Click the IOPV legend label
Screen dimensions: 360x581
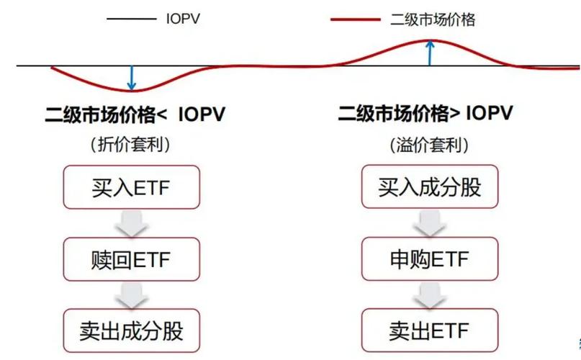point(183,19)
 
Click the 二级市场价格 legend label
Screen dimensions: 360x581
point(433,19)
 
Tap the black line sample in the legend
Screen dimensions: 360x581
point(131,19)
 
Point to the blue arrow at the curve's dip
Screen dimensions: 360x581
point(131,78)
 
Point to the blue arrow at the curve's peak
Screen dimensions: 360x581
point(430,53)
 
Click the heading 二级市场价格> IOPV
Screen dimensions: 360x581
point(425,114)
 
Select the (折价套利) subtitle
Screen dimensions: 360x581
point(130,145)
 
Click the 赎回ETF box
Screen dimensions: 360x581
point(130,258)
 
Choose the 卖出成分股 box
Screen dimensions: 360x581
point(130,330)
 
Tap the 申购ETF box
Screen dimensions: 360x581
point(430,258)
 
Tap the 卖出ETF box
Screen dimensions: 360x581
point(430,330)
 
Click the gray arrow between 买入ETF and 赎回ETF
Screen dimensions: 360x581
point(130,223)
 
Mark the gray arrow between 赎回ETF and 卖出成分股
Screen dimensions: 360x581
point(130,294)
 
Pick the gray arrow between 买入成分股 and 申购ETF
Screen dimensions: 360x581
point(430,223)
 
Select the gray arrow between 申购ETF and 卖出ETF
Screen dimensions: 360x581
point(430,294)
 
